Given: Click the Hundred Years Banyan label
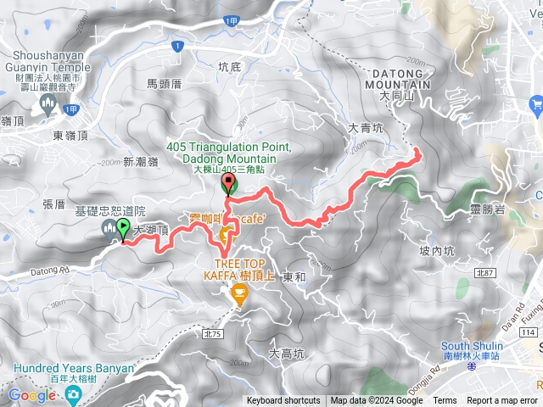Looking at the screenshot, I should tap(74, 369).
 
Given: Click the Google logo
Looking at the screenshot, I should tap(31, 395).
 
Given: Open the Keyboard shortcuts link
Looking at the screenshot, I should tap(284, 401).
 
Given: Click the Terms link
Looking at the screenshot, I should tap(445, 401).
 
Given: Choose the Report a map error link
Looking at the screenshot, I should tap(502, 401).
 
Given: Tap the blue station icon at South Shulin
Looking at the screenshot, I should tap(448, 345).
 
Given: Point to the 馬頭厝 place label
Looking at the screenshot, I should tap(164, 84).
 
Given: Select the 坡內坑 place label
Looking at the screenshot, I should tap(437, 251).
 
